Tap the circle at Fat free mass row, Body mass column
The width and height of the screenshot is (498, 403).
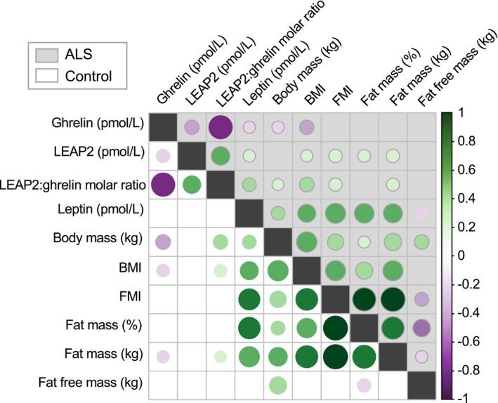[x=277, y=384]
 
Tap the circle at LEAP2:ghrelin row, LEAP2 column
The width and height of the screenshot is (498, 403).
[x=191, y=185]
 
